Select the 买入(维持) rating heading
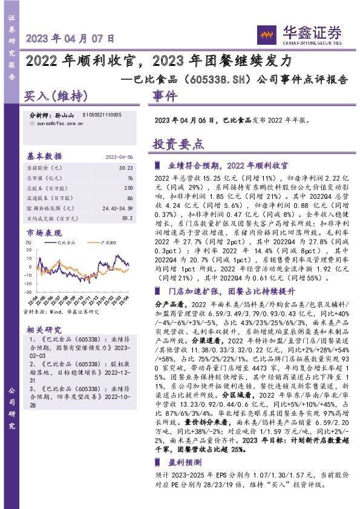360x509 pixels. [56, 96]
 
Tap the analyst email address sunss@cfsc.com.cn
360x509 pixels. [56, 122]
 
